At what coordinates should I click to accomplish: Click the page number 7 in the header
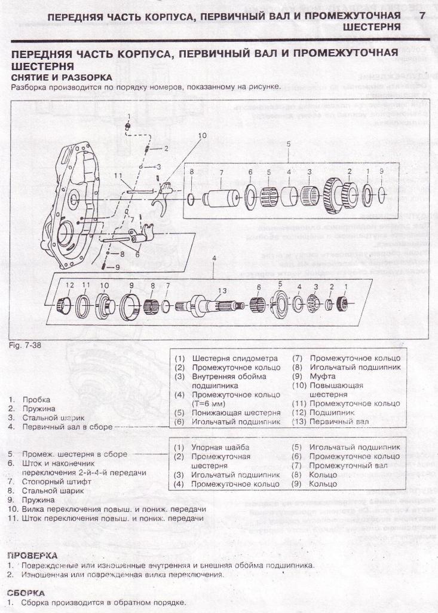coord(422,15)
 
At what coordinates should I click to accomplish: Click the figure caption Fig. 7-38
coord(23,345)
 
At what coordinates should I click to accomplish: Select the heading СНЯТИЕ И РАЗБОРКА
coord(62,77)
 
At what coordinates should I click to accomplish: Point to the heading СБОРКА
coord(26,593)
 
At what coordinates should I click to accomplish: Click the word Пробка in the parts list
coord(36,399)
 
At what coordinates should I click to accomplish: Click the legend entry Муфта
coord(322,377)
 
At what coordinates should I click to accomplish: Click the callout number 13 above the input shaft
coord(222,290)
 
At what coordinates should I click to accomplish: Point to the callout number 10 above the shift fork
coord(202,136)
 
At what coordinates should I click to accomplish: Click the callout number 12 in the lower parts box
coord(69,285)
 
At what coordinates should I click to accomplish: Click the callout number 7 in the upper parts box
coord(220,172)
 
